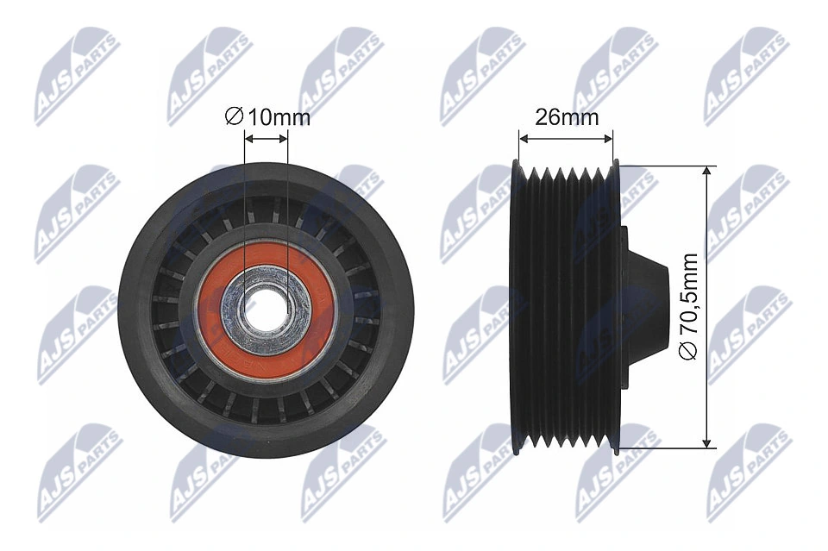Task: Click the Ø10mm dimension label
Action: click(x=267, y=117)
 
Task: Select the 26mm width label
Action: click(x=566, y=117)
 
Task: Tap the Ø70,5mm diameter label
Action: click(x=687, y=308)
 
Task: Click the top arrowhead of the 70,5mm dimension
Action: click(x=707, y=171)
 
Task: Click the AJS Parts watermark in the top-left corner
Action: click(x=77, y=76)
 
